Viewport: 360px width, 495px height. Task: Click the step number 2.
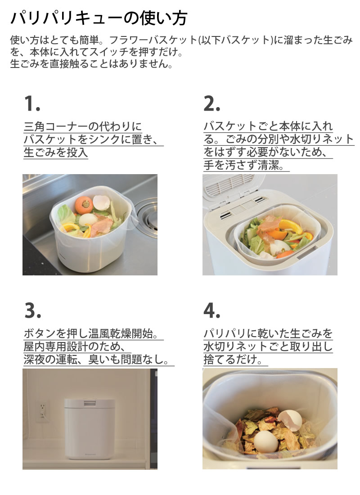point(211,103)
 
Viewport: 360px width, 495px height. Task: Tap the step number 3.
point(33,310)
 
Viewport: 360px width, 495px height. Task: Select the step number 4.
point(212,310)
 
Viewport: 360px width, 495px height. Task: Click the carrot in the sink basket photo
point(84,205)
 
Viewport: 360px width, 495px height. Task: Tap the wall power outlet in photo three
point(42,411)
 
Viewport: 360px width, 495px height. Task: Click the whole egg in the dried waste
point(266,441)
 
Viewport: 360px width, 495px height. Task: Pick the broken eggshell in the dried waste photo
point(290,420)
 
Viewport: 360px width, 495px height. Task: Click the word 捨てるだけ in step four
point(230,360)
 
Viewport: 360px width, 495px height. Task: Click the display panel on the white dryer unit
point(90,403)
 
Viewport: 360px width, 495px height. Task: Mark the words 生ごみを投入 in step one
point(56,153)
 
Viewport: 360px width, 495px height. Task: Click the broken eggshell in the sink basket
point(101,202)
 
